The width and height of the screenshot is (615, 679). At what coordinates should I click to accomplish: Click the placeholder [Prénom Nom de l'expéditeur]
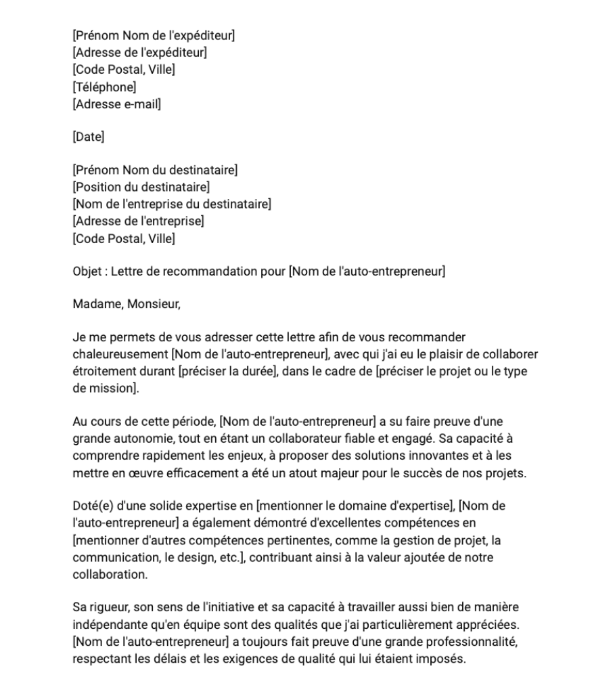coord(154,36)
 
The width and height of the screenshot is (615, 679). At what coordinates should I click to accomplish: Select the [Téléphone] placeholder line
coord(104,87)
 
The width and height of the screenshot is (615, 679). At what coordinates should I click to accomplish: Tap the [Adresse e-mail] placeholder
coord(116,104)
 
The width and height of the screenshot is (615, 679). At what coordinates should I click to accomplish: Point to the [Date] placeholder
coord(89,137)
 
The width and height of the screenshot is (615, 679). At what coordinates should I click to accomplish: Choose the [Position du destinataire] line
coord(141,187)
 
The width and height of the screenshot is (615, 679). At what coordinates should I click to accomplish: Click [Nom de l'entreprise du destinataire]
coord(172,204)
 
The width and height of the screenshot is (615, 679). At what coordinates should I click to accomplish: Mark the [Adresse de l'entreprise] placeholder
coord(138,221)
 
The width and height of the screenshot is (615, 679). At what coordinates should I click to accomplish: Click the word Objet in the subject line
coord(86,271)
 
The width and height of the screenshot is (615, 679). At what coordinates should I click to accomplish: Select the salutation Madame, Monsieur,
coord(127,304)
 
